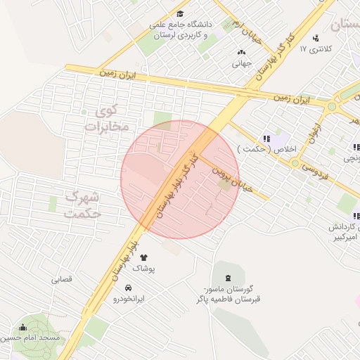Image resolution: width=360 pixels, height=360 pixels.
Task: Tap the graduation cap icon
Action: tap(180, 14)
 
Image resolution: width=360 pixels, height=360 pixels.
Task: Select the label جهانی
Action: tap(241, 63)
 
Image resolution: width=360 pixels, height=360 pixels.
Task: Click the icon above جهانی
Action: tap(242, 52)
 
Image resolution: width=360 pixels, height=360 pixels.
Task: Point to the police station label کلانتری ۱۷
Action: tap(313, 49)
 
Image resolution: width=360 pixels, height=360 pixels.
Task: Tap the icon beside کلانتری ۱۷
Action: tap(316, 38)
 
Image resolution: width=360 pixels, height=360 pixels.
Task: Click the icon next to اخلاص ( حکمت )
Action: tap(266, 139)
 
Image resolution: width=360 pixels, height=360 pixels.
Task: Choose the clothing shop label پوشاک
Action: tap(143, 269)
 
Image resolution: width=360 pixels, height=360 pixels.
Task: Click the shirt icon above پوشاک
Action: tap(144, 258)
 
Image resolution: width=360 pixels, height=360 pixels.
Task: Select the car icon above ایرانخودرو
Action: tap(128, 288)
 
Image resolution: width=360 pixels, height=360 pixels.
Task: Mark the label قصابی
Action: tap(61, 279)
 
